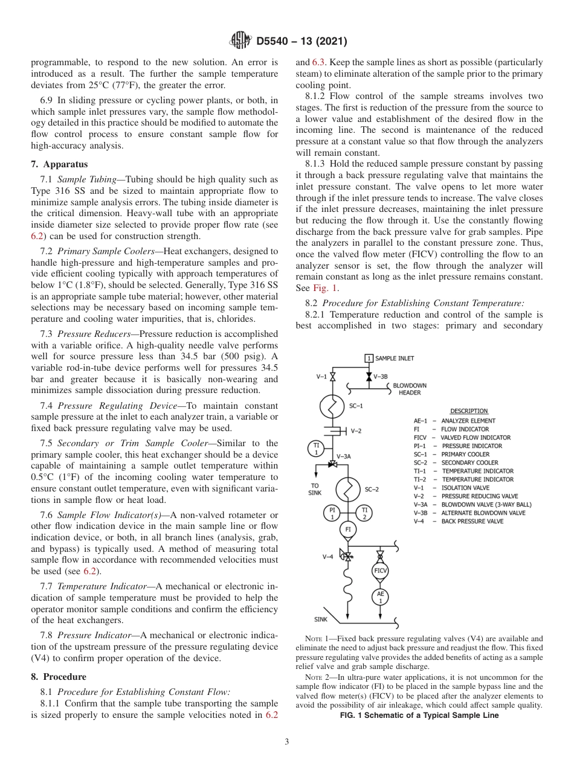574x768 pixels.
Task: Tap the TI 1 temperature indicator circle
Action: (x=316, y=449)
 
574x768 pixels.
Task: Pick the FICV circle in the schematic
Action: (x=380, y=570)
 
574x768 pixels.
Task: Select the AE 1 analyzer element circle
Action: (x=380, y=597)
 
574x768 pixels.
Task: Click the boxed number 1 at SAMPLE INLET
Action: (x=369, y=358)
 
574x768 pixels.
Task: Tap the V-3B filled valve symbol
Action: (x=369, y=376)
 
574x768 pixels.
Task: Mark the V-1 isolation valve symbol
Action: (x=332, y=377)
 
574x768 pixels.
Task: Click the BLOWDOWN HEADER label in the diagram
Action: (x=409, y=389)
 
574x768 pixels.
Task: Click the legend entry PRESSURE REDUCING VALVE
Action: (x=480, y=496)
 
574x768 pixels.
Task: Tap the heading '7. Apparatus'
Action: (x=59, y=164)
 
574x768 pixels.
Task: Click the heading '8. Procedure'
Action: (x=59, y=677)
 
